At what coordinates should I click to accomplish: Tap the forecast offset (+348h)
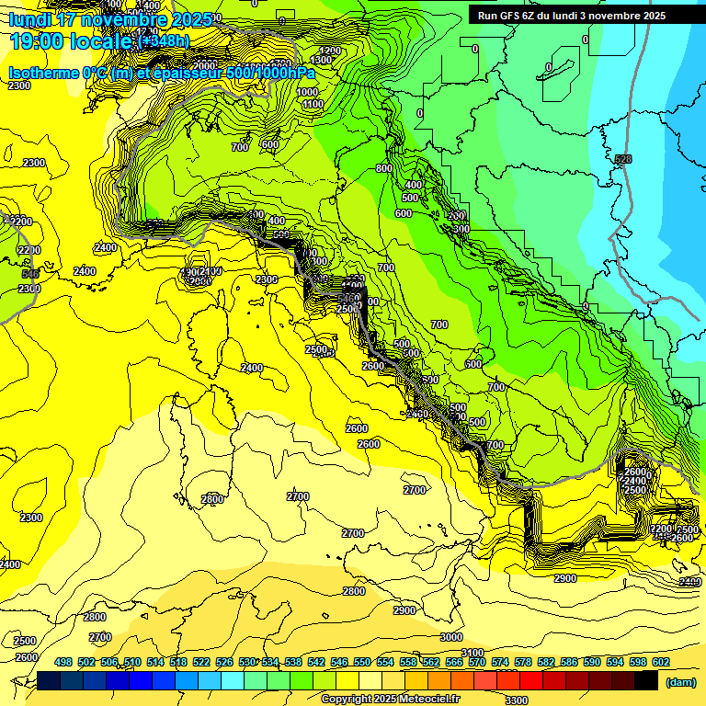[x=164, y=40]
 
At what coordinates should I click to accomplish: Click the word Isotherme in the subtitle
[x=43, y=73]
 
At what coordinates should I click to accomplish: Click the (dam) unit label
[x=680, y=681]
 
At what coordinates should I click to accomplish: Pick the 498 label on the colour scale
[x=63, y=662]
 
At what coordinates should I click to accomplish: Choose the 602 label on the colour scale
[x=661, y=662]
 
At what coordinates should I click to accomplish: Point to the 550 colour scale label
[x=362, y=662]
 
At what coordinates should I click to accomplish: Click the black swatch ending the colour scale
[x=646, y=680]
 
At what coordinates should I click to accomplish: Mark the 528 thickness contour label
[x=623, y=160]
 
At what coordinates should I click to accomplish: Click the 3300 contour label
[x=517, y=700]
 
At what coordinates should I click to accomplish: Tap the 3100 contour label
[x=473, y=654]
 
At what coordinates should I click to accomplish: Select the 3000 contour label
[x=451, y=637]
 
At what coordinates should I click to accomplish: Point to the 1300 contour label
[x=321, y=60]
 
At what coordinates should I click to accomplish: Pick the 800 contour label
[x=384, y=168]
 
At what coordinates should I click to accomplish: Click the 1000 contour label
[x=307, y=92]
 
